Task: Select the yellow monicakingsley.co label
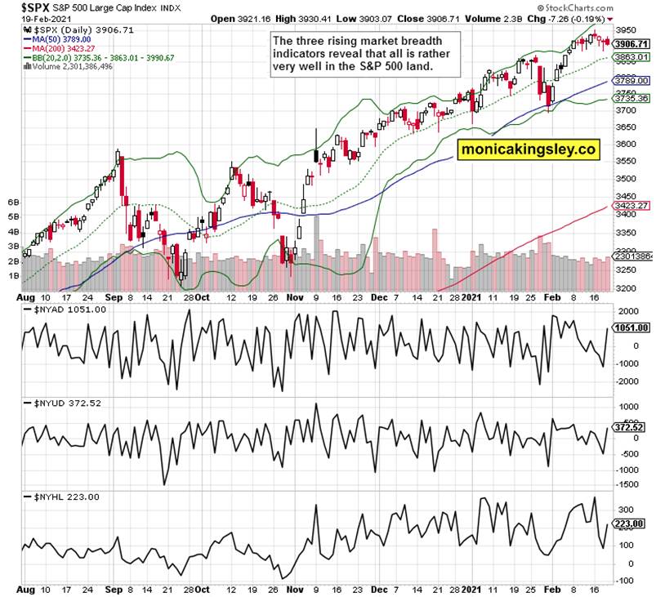click(x=527, y=150)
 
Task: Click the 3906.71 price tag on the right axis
click(x=631, y=44)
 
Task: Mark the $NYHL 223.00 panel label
click(x=66, y=497)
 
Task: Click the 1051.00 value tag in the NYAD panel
click(x=631, y=327)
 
